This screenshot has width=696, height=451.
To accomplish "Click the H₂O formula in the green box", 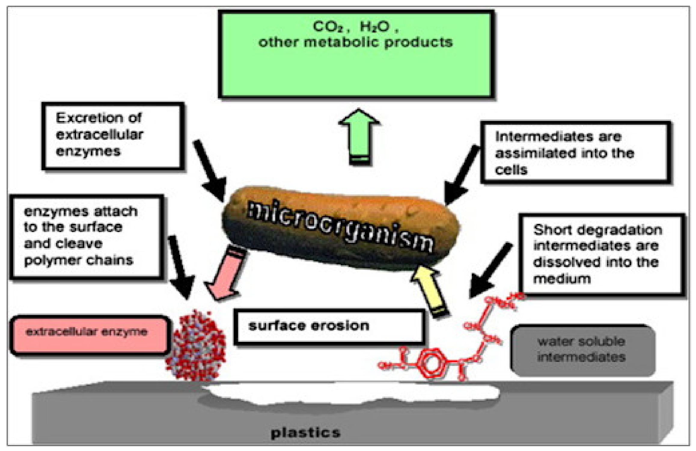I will [x=374, y=27].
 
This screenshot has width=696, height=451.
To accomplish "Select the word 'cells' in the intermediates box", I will [x=511, y=170].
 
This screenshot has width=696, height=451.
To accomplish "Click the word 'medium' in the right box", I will [x=562, y=279].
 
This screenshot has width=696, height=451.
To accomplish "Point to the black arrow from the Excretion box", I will [x=210, y=171].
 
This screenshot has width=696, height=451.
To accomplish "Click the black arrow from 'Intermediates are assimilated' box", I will [x=462, y=175].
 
